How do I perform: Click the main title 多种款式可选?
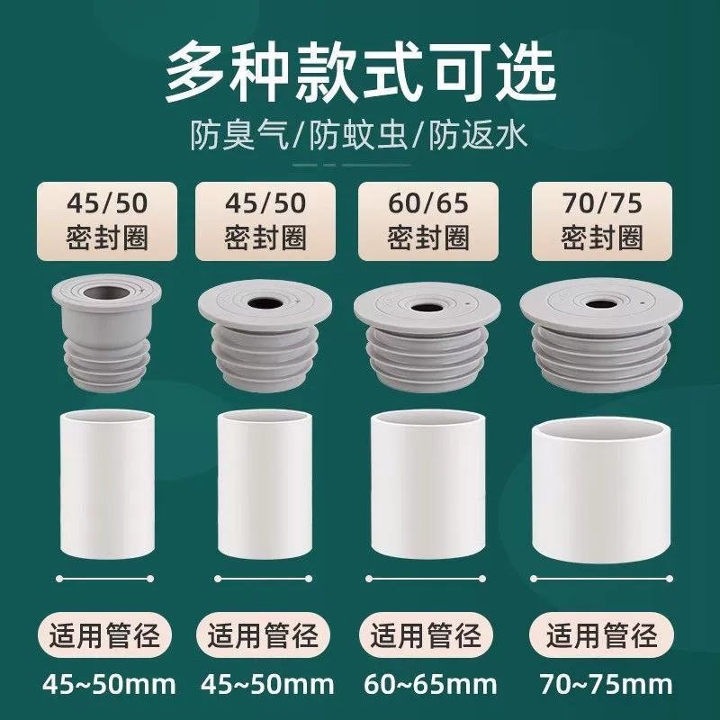361,73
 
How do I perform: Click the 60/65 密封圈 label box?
428,221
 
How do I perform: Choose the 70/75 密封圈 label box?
601,221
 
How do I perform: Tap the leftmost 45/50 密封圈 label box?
107,221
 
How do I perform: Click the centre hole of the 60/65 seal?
427,307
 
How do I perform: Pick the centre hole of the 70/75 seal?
600,303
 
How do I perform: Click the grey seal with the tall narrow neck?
107,333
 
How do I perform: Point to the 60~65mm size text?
430,684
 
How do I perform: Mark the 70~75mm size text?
606,684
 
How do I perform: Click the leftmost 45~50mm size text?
109,684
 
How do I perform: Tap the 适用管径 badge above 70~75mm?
601,636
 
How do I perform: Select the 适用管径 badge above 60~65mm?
426,636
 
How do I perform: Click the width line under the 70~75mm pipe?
601,579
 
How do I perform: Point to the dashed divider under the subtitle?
352,165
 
